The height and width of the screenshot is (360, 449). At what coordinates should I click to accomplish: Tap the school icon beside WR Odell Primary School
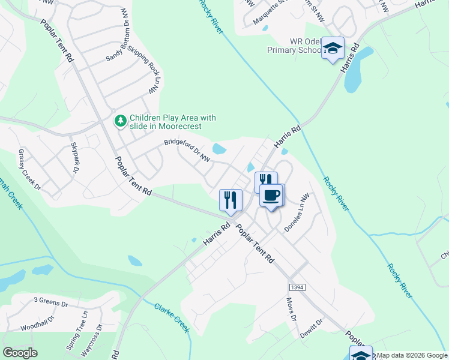pyautogui.click(x=332, y=49)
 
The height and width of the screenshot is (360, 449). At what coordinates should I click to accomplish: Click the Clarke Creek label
pyautogui.click(x=172, y=318)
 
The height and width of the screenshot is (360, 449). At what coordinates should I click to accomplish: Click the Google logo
pyautogui.click(x=20, y=353)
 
